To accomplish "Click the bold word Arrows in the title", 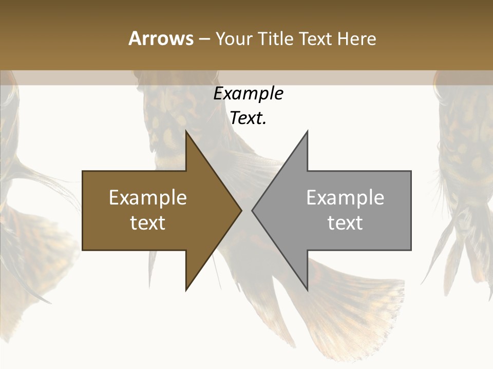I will coord(161,38).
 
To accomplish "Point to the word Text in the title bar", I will coord(315,38).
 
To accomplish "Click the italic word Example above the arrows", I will coord(248,93).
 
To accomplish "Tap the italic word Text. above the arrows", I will coord(248,118).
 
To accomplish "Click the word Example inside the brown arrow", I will coord(148,197).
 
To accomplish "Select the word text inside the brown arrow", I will coord(148,222).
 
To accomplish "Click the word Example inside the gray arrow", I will coord(345,197).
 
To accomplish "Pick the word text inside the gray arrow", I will coord(345,222).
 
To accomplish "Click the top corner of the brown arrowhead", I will coord(186,133).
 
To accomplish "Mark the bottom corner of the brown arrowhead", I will coord(186,289).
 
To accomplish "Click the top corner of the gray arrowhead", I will coord(307,133).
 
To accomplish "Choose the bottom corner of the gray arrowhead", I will coord(307,289).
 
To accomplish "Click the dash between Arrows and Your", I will coord(204,39).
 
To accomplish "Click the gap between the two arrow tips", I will coord(246,210).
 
